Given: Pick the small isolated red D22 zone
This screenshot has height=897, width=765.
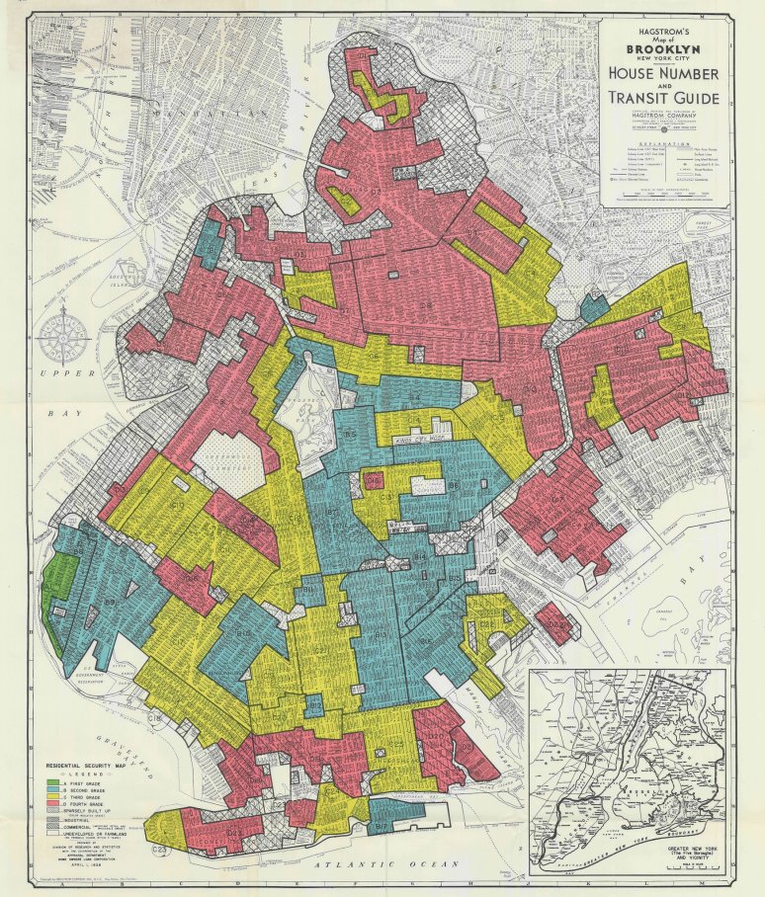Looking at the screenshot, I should tap(555, 626).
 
